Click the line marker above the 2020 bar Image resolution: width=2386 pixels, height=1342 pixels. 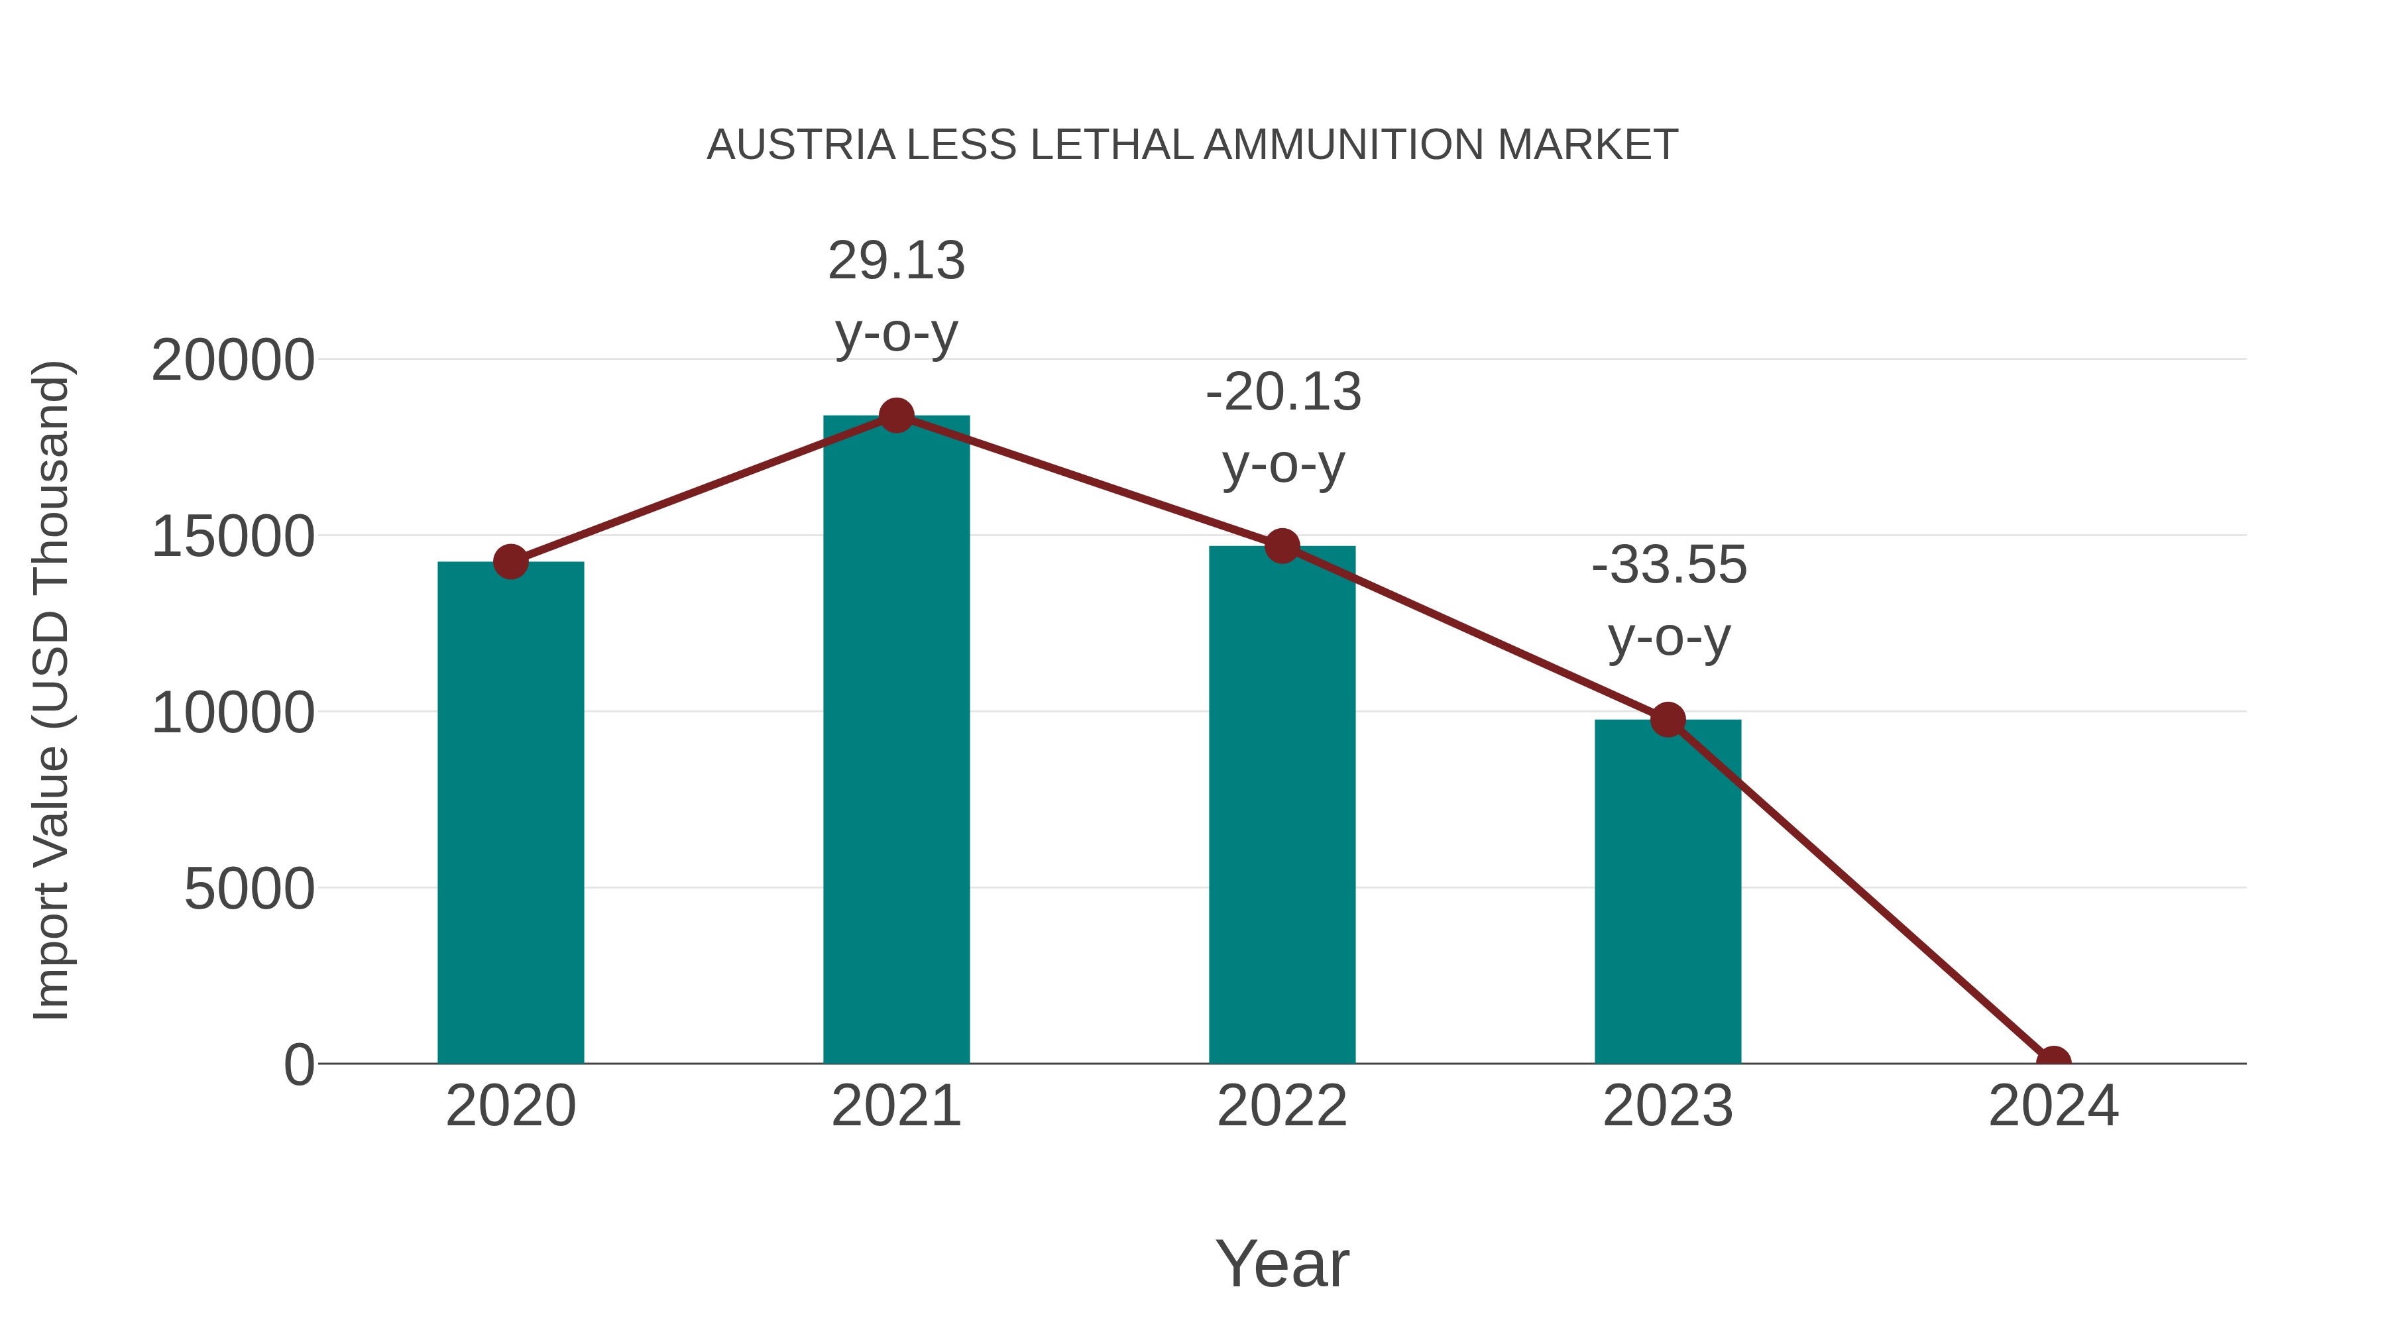click(x=510, y=561)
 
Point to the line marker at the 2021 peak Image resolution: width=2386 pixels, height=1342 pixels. click(x=895, y=416)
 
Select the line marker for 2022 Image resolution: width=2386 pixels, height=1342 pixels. click(x=1282, y=547)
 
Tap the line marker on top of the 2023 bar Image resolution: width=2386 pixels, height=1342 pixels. click(x=1668, y=720)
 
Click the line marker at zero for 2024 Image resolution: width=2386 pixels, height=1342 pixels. click(x=2053, y=1062)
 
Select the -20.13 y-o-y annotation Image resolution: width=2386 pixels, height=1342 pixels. click(x=1283, y=428)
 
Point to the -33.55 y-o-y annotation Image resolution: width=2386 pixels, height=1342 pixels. click(x=1668, y=601)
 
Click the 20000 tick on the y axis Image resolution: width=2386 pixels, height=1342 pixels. click(x=233, y=361)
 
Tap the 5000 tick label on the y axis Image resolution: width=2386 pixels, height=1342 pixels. click(x=249, y=889)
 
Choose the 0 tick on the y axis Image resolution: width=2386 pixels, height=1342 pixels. click(x=299, y=1065)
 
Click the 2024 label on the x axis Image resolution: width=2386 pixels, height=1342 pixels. click(x=2053, y=1106)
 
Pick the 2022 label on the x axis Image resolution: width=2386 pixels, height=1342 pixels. click(x=1282, y=1106)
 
